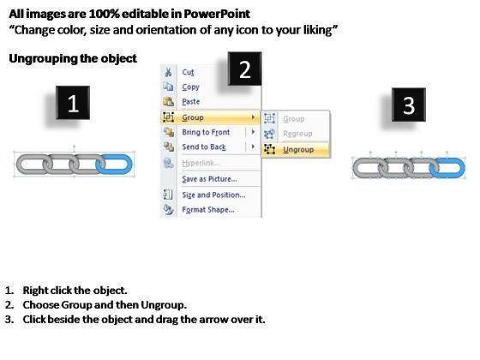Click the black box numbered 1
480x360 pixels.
[73, 103]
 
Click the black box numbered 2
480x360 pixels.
[245, 69]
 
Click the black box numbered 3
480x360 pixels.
[409, 105]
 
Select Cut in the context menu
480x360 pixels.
[188, 72]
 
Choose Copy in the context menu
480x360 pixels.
[190, 87]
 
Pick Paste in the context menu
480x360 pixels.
[190, 102]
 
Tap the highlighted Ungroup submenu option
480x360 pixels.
[298, 150]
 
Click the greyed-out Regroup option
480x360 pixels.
[297, 134]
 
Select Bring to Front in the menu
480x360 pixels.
[206, 132]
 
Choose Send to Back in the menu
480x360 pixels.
[204, 147]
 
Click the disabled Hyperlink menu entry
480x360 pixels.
[201, 163]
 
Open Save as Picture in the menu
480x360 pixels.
[209, 179]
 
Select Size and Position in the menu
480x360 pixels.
[213, 195]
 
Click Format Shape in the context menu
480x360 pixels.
[208, 210]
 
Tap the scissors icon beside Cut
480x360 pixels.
[168, 72]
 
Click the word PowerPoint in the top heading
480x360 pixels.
[217, 14]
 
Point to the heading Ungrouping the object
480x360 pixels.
[73, 58]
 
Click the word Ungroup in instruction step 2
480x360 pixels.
[163, 305]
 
